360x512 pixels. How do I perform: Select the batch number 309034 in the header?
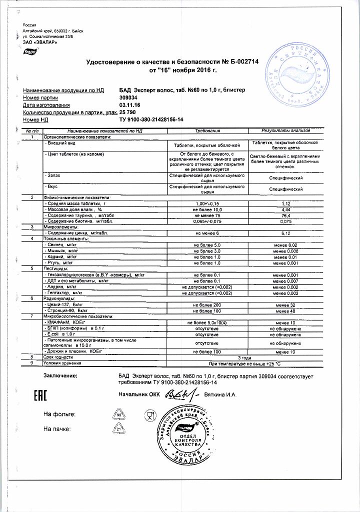(128, 97)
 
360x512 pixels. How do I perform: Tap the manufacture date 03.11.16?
(130, 105)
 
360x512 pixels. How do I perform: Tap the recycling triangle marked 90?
(119, 415)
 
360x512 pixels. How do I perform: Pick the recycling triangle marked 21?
(119, 429)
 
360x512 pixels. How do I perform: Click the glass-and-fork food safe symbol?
(149, 414)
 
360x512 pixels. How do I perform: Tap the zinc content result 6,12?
(286, 233)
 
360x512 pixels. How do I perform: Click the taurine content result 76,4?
(286, 215)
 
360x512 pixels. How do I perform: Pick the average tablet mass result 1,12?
(286, 204)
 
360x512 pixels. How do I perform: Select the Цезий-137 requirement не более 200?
(206, 304)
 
